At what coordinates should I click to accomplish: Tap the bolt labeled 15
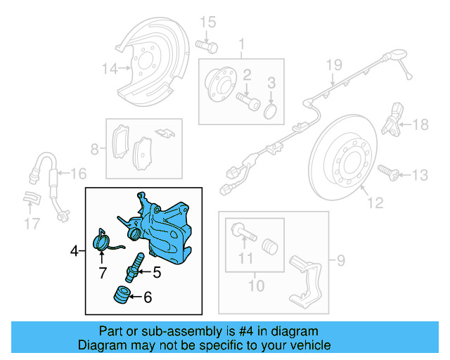[x=206, y=46]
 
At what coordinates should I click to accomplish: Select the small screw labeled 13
[x=386, y=171]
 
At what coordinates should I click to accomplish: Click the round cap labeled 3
[x=271, y=112]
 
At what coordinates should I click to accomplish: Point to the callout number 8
[x=95, y=149]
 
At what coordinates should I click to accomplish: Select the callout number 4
[x=74, y=250]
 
